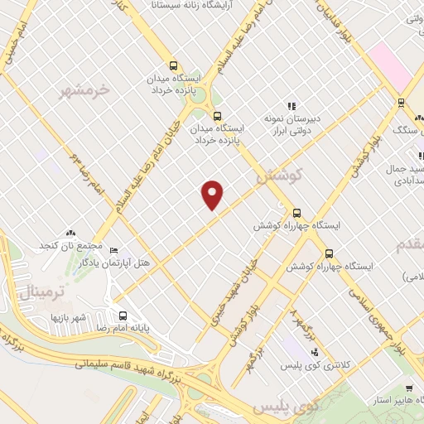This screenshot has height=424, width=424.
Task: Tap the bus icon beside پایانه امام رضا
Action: tap(123, 316)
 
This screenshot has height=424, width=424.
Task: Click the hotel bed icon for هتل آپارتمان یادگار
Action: tap(113, 250)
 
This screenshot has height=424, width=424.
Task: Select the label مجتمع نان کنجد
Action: tap(70, 246)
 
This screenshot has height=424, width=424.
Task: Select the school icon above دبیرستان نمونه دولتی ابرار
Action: tap(291, 106)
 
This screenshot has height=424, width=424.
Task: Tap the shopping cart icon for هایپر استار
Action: tap(409, 388)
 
